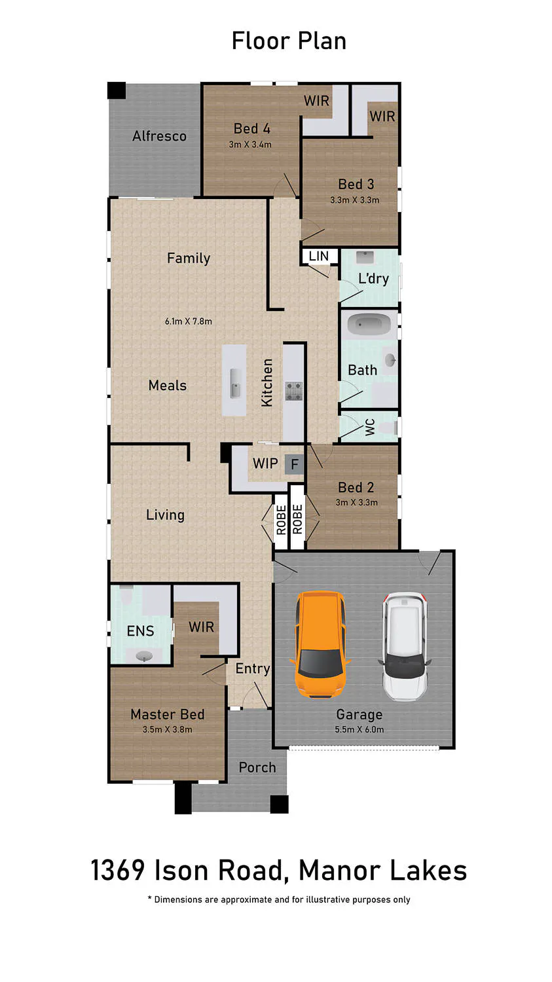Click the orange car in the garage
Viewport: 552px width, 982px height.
[319, 644]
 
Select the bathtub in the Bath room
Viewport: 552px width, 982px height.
[369, 325]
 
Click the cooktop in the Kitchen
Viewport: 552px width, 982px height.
[294, 391]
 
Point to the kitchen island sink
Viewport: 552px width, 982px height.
[236, 384]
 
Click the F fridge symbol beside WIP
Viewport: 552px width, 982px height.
[294, 464]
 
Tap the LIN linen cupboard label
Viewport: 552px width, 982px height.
[318, 256]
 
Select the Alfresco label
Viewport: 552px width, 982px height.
[160, 136]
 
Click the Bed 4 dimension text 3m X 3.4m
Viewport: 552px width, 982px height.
[250, 144]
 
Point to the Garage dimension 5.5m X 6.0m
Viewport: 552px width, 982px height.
[359, 729]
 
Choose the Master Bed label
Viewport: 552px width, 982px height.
[168, 714]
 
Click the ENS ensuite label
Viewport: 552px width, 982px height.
[140, 631]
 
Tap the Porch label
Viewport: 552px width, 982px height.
[257, 767]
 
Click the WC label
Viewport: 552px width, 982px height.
[370, 427]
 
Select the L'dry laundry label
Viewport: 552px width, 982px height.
[373, 279]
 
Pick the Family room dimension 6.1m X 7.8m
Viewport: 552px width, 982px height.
[189, 321]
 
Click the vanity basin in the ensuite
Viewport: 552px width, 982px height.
[144, 656]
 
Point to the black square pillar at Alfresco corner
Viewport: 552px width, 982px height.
[117, 90]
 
